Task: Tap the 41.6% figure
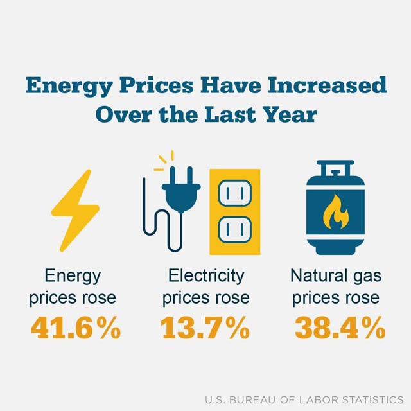click(75, 328)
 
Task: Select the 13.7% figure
click(205, 328)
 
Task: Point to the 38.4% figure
click(340, 328)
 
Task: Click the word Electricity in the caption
click(206, 276)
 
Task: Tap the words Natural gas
click(336, 276)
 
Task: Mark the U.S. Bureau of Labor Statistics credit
click(304, 399)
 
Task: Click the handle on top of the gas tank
click(335, 168)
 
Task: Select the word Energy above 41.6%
click(73, 276)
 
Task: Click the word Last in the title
click(225, 115)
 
